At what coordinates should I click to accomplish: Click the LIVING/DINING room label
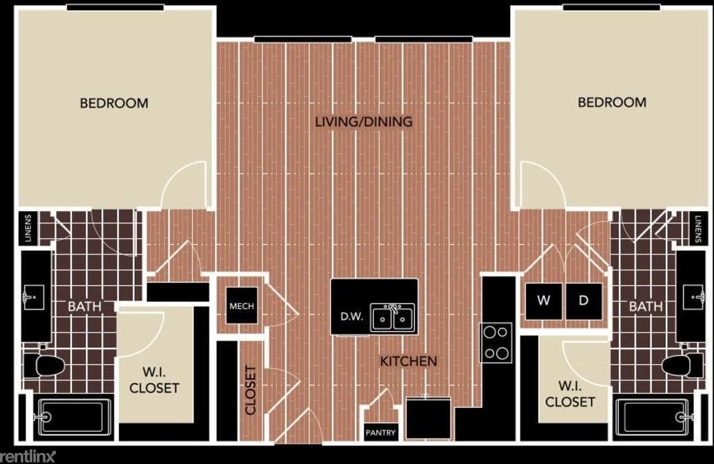click(363, 122)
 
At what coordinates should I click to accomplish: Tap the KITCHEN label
click(409, 361)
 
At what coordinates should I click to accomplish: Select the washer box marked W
click(544, 302)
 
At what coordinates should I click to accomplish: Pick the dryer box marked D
click(583, 302)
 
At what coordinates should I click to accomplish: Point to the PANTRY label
click(381, 433)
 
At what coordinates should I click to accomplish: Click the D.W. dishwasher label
click(351, 317)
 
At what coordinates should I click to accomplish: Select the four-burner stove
click(496, 342)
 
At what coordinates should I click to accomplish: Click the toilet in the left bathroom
click(45, 365)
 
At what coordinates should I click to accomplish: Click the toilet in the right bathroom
click(682, 365)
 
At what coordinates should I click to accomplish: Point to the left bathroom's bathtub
click(73, 417)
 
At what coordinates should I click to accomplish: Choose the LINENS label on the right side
click(699, 228)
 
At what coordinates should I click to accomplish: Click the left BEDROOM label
click(114, 103)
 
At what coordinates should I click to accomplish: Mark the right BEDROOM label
click(611, 102)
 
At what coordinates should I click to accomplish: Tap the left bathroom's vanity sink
click(32, 298)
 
